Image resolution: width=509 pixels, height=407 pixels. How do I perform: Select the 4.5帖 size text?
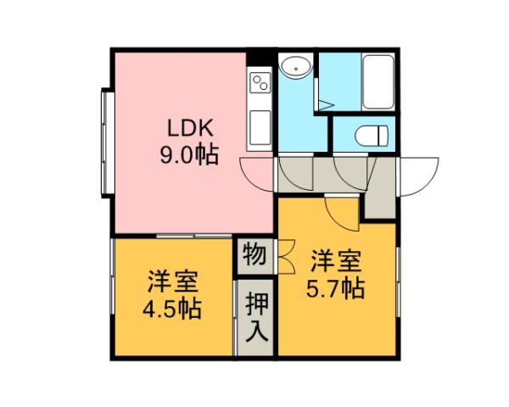[x=171, y=307]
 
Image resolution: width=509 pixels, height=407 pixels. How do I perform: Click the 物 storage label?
[x=253, y=254]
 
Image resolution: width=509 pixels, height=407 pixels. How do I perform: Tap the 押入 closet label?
[x=254, y=315]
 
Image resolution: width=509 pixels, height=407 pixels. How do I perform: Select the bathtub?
[x=376, y=81]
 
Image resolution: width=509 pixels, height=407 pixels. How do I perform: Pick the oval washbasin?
[x=295, y=66]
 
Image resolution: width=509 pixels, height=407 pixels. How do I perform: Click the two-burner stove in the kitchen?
[x=259, y=83]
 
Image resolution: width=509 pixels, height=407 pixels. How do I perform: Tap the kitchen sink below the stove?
[x=259, y=127]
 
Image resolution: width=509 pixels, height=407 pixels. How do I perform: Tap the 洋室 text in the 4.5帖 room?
[x=171, y=280]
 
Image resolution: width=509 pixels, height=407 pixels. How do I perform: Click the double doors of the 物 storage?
[x=283, y=254]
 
